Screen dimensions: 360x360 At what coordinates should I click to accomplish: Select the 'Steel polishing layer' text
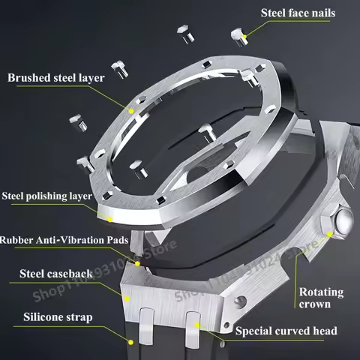coord(47,196)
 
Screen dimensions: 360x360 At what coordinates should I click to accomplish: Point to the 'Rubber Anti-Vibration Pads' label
coord(64,240)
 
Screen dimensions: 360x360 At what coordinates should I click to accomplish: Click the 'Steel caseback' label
coord(57,274)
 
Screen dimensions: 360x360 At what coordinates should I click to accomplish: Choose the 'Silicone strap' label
coord(58,317)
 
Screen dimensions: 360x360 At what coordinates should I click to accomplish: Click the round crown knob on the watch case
coord(344,222)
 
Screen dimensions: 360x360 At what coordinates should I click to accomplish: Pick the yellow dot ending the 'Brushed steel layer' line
coord(130,110)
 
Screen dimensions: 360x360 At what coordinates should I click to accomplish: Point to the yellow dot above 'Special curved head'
coord(196,322)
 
